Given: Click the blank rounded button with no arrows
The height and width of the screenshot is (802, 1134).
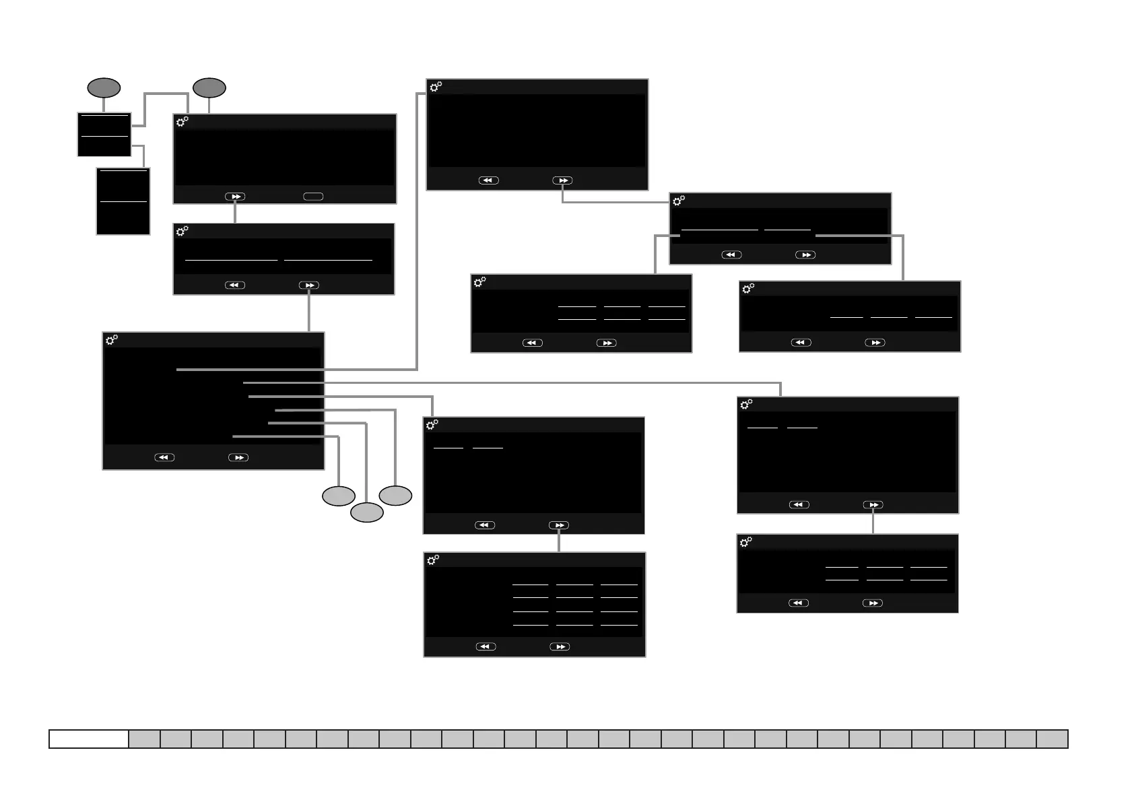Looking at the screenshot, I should tap(313, 197).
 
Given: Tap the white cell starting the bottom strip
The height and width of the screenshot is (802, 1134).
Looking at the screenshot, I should tap(89, 739).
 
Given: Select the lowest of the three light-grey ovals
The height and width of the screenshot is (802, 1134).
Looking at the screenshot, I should tap(366, 512).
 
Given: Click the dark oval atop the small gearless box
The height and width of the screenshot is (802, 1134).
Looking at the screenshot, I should tap(104, 88).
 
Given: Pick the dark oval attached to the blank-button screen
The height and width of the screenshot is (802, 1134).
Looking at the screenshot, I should tap(209, 88).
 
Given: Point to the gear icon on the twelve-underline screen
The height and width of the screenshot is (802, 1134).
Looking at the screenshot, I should tap(433, 560).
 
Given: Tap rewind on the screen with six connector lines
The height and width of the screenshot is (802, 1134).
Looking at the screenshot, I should tap(164, 457).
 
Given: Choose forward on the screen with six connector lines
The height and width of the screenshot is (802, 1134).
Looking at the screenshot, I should tap(238, 457).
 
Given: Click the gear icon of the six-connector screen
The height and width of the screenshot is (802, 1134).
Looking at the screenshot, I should tap(112, 340).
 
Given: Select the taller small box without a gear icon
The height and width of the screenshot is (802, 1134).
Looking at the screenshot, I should tap(123, 201).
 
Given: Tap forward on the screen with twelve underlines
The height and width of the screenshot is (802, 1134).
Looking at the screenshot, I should tap(560, 646).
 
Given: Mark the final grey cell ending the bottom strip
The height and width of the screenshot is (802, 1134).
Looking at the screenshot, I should tap(1052, 739).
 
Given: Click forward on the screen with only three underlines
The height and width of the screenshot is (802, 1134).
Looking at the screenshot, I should tap(875, 343).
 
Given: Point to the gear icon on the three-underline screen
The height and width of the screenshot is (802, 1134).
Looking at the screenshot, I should tap(748, 289).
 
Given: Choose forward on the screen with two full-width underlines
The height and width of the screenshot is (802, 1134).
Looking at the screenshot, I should tap(309, 286).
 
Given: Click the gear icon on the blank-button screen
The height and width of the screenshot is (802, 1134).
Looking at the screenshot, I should tap(182, 122).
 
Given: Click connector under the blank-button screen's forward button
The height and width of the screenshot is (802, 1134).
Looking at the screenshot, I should tap(235, 213).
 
